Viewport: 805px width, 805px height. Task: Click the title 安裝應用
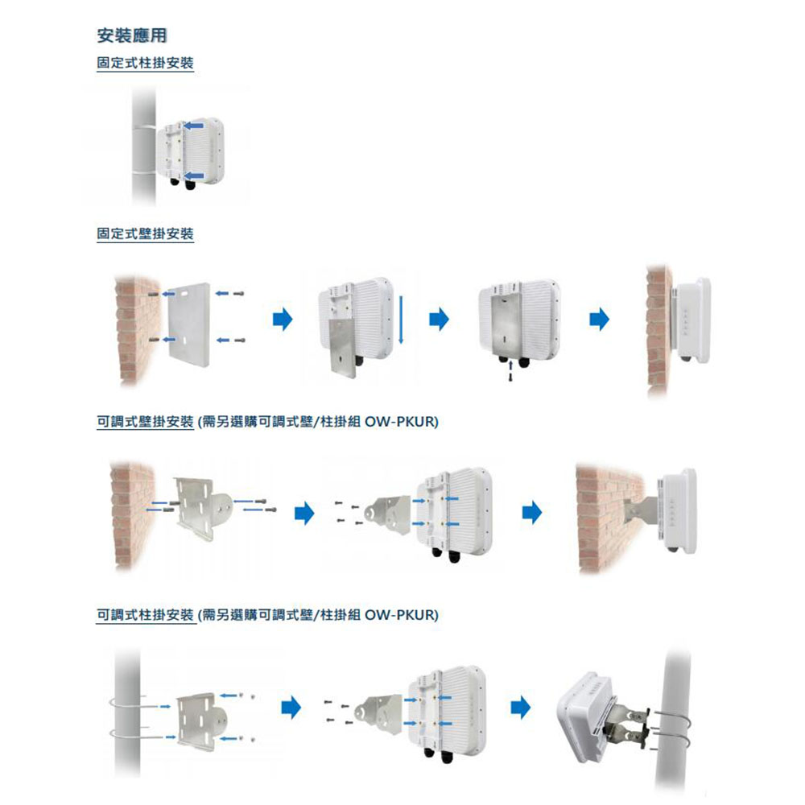(x=131, y=35)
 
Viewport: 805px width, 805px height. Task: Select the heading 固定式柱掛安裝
(x=145, y=63)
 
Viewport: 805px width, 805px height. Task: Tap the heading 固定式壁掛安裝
(x=145, y=233)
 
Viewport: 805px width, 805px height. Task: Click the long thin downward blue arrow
(x=400, y=319)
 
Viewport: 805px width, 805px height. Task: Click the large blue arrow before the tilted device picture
(x=521, y=708)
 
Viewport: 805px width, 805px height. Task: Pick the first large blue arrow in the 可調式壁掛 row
(x=303, y=513)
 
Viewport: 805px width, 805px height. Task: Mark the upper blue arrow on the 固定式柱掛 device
(x=193, y=126)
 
